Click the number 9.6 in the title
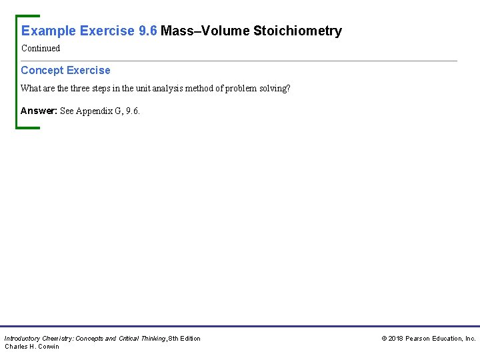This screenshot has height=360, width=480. click(x=147, y=31)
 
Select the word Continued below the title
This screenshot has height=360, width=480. click(x=41, y=48)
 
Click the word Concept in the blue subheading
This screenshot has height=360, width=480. click(x=42, y=70)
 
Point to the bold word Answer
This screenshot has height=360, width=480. click(x=38, y=111)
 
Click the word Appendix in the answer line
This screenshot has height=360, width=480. click(x=96, y=111)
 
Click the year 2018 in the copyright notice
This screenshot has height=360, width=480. click(x=396, y=339)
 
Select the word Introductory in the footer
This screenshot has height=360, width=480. click(x=23, y=339)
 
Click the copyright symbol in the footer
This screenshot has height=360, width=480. click(x=384, y=339)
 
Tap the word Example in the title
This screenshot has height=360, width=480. click(x=49, y=31)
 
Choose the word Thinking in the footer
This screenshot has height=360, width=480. click(x=152, y=339)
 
